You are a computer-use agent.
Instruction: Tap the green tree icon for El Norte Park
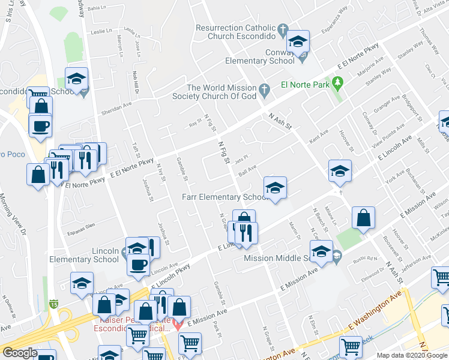coord(338,82)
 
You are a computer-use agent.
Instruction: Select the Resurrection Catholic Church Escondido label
coord(235,32)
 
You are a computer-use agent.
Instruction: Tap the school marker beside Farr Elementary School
coord(274,187)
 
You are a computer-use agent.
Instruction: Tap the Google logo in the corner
coord(20,353)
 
